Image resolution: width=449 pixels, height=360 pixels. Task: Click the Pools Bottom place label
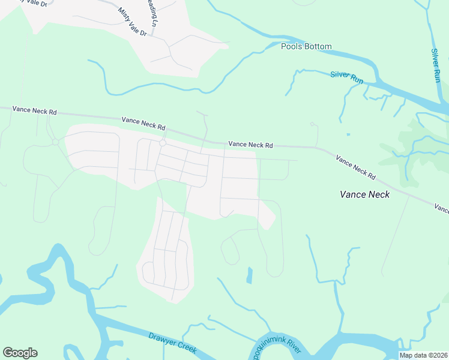[306, 46]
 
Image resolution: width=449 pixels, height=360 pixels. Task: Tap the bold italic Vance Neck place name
[364, 194]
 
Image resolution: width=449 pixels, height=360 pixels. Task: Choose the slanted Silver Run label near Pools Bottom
[347, 77]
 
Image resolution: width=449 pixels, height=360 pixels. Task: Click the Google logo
[20, 353]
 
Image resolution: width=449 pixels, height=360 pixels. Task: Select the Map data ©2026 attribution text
[423, 355]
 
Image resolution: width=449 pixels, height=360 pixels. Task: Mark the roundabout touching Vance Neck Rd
[162, 143]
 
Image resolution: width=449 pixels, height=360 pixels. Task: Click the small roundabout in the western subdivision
[55, 142]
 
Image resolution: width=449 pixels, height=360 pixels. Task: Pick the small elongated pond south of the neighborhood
[249, 275]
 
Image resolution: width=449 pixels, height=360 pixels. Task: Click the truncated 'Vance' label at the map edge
[442, 209]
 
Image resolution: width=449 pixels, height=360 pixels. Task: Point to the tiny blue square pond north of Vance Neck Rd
[348, 134]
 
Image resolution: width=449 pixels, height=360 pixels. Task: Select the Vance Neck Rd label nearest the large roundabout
[143, 123]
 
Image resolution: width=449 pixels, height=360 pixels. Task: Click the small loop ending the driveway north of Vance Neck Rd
[312, 124]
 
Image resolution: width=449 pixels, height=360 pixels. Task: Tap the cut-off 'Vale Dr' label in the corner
[11, 2]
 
